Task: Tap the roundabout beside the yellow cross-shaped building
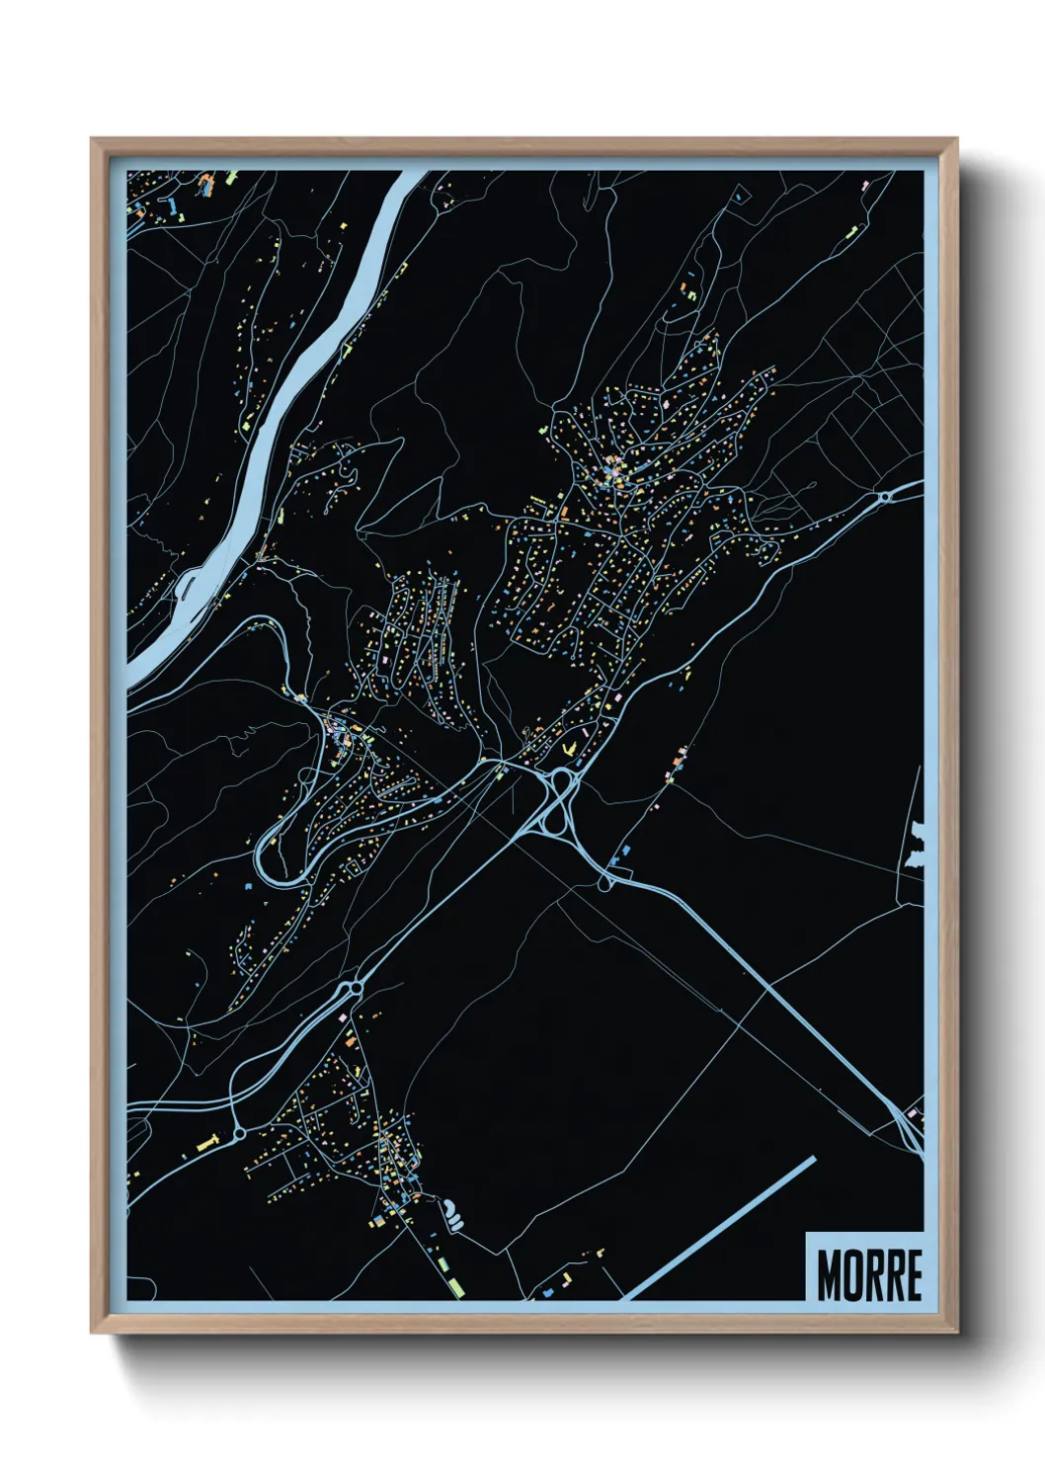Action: [239, 1134]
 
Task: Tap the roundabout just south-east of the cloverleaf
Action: [605, 883]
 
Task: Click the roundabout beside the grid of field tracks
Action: [886, 496]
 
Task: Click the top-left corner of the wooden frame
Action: [93, 140]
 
